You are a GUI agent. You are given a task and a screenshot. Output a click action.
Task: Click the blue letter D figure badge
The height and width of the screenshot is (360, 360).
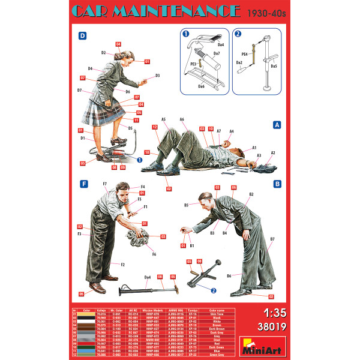click(x=82, y=36)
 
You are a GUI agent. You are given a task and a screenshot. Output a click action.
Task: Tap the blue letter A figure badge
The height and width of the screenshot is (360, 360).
click(x=277, y=125)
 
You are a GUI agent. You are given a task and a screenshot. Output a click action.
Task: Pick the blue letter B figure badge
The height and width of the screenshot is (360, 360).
click(x=277, y=184)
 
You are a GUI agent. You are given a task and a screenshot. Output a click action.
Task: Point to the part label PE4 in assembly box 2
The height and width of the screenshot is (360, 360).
click(x=245, y=53)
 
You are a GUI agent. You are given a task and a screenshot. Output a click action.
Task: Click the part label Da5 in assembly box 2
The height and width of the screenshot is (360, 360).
click(x=274, y=66)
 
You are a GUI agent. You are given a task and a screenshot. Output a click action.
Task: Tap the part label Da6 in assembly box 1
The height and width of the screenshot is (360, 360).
click(x=201, y=86)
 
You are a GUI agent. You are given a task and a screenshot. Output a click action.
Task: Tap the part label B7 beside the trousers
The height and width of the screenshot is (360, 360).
click(x=272, y=239)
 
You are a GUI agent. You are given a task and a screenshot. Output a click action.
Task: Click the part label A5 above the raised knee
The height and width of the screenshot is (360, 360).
click(x=163, y=119)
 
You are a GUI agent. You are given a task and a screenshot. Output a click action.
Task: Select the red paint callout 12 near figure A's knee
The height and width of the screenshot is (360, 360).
click(x=154, y=128)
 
